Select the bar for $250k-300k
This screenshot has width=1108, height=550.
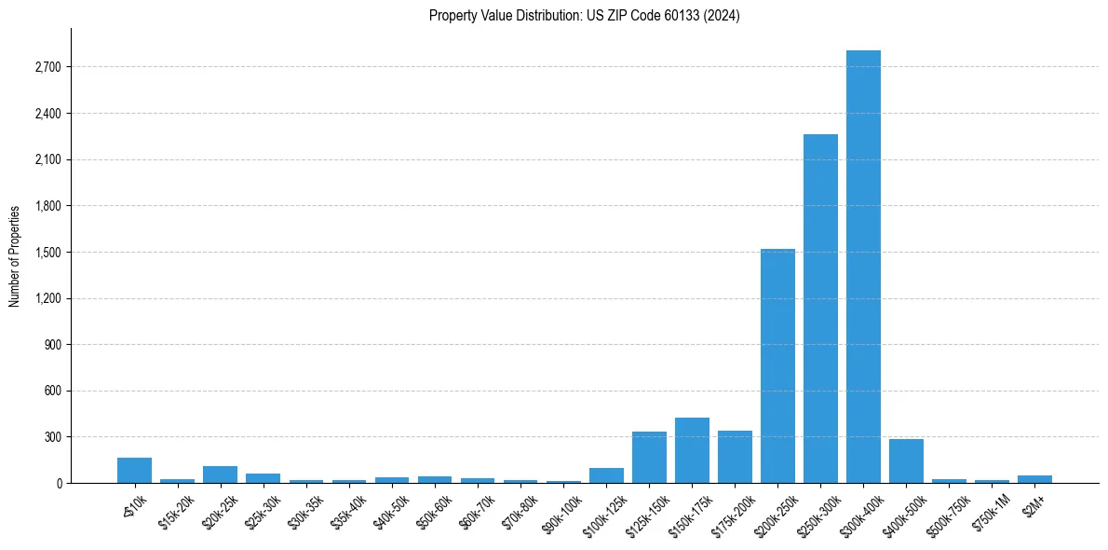tap(820, 309)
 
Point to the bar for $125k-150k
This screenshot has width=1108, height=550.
tap(649, 457)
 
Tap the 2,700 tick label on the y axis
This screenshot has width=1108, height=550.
tap(46, 67)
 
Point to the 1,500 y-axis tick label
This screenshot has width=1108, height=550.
tap(46, 253)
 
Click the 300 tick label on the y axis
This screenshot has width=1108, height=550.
tap(51, 437)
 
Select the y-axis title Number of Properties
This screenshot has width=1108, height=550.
tap(14, 255)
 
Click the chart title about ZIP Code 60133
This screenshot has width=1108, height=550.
tap(585, 15)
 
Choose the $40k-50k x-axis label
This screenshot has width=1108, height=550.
tap(390, 510)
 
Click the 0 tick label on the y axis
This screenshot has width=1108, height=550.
tap(58, 483)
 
